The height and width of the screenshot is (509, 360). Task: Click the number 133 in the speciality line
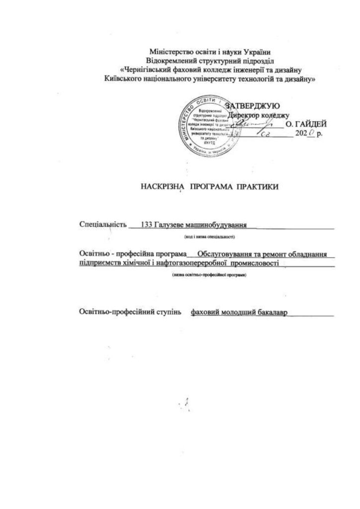coord(147,225)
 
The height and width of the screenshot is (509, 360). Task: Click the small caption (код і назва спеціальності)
coord(209,237)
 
